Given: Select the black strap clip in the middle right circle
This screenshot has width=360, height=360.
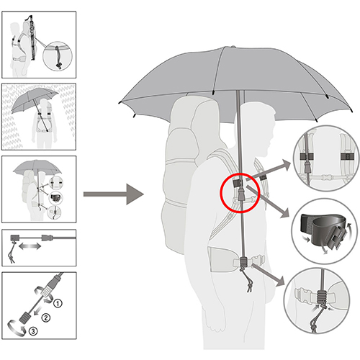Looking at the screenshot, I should [x=322, y=231].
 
